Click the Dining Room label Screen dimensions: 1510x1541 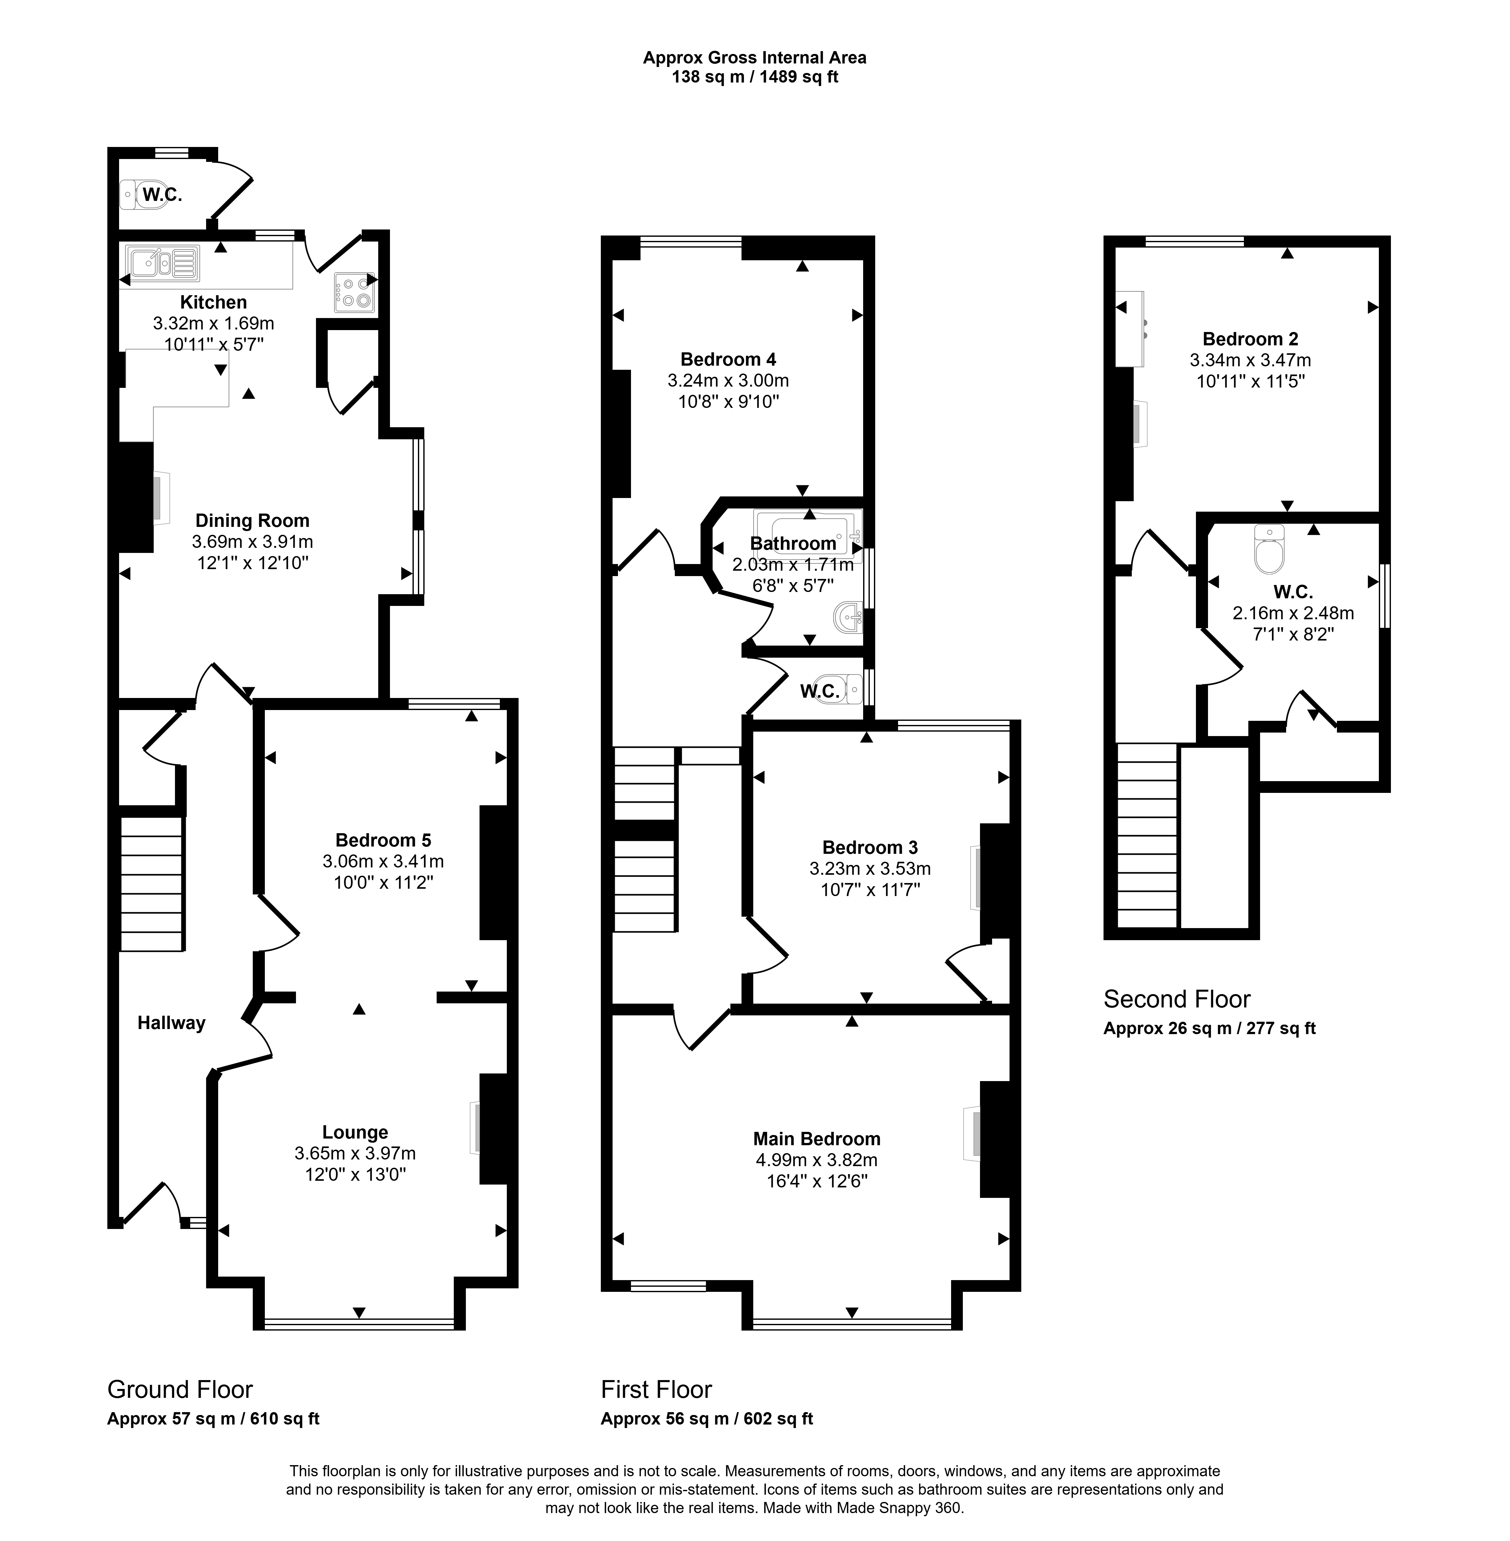click(x=252, y=521)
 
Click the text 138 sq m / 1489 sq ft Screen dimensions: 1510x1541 click(x=755, y=77)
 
